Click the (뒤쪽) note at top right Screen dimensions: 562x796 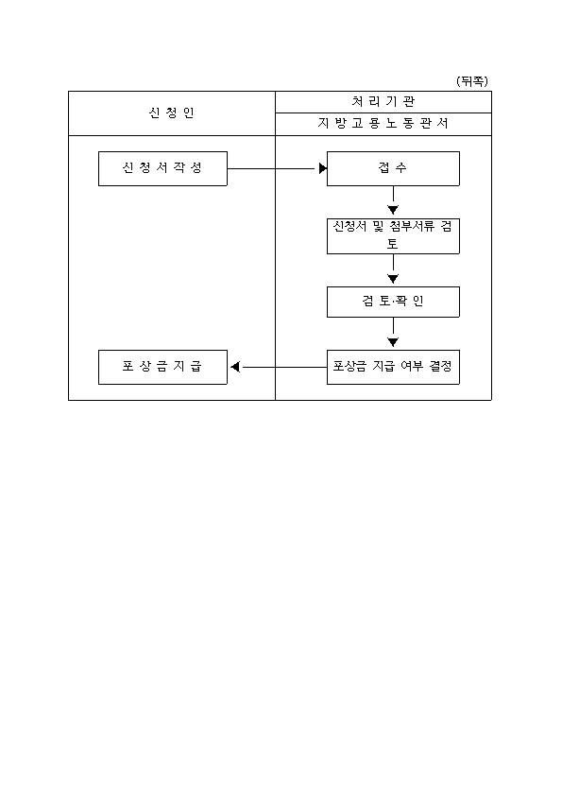pyautogui.click(x=472, y=81)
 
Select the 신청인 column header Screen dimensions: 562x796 pyautogui.click(x=172, y=112)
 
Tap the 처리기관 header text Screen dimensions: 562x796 pyautogui.click(x=383, y=101)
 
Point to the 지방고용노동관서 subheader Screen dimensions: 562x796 pyautogui.click(x=383, y=123)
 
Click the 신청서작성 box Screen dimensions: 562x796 pyautogui.click(x=162, y=168)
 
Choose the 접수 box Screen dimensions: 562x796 pyautogui.click(x=393, y=168)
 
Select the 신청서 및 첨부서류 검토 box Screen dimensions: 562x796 pyautogui.click(x=393, y=236)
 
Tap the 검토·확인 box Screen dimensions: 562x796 pyautogui.click(x=393, y=303)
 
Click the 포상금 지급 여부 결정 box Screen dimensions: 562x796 pyautogui.click(x=393, y=367)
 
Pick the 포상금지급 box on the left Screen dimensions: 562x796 pyautogui.click(x=162, y=367)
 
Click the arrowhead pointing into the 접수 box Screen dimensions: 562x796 pyautogui.click(x=323, y=168)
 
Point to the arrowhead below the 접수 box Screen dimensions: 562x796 pyautogui.click(x=393, y=209)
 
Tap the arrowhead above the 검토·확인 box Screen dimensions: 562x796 pyautogui.click(x=393, y=278)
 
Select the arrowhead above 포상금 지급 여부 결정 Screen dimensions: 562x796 pyautogui.click(x=393, y=341)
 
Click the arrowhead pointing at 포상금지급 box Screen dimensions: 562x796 pyautogui.click(x=235, y=367)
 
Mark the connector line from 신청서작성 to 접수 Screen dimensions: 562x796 pyautogui.click(x=273, y=168)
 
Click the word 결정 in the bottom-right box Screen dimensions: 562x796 pyautogui.click(x=440, y=366)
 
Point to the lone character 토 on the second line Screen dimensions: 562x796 pyautogui.click(x=393, y=243)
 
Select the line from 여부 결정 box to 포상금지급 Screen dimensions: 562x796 pyautogui.click(x=283, y=367)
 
